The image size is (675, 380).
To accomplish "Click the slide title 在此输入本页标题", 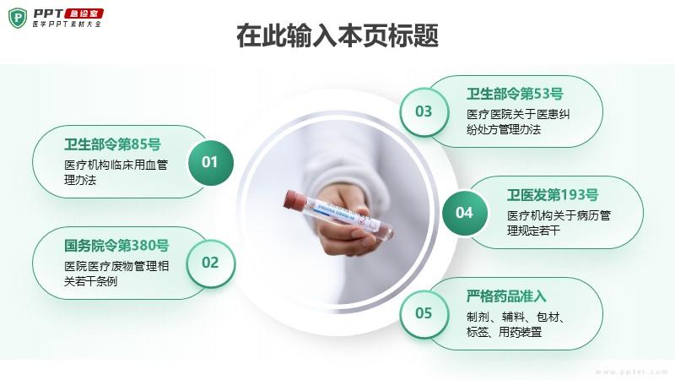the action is pyautogui.click(x=337, y=35).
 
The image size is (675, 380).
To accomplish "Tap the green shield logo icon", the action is pyautogui.click(x=18, y=18).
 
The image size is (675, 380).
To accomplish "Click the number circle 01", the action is pyautogui.click(x=210, y=162).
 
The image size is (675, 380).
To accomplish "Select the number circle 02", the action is pyautogui.click(x=210, y=263).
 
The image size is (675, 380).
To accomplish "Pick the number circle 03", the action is pyautogui.click(x=424, y=111).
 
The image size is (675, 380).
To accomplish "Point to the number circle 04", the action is pyautogui.click(x=465, y=213).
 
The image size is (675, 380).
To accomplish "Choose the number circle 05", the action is pyautogui.click(x=424, y=313).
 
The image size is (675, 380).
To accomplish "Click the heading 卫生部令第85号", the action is pyautogui.click(x=112, y=144).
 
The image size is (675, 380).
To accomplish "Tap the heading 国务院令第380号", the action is pyautogui.click(x=116, y=246).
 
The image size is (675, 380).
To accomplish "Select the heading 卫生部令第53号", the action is pyautogui.click(x=515, y=94).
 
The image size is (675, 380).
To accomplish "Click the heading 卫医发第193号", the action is pyautogui.click(x=553, y=195).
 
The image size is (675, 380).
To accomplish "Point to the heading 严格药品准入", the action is pyautogui.click(x=506, y=296).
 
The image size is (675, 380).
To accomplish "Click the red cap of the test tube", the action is pyautogui.click(x=292, y=200).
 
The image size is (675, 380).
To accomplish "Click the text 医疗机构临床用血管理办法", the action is pyautogui.click(x=116, y=172).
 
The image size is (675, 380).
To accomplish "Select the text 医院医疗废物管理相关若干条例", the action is pyautogui.click(x=116, y=274).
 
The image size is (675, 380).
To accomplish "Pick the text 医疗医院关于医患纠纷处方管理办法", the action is pyautogui.click(x=518, y=122).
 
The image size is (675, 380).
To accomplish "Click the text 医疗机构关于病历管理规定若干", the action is pyautogui.click(x=559, y=223).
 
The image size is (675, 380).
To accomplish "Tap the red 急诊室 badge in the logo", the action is pyautogui.click(x=84, y=14).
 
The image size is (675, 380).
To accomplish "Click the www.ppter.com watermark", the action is pyautogui.click(x=631, y=372).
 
